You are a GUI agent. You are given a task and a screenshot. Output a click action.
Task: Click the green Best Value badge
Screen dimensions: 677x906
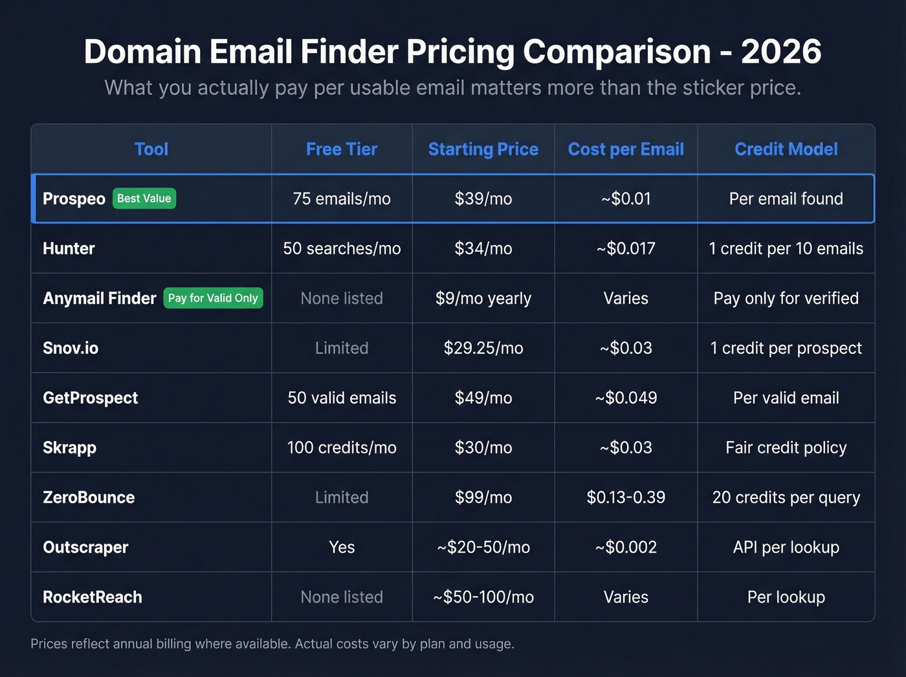click(x=144, y=198)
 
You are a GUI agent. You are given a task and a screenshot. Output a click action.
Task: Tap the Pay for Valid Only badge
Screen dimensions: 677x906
click(x=213, y=298)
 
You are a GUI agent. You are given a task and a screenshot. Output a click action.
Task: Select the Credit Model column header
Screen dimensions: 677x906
click(x=786, y=149)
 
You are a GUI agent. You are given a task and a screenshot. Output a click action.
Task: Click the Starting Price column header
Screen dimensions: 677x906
click(x=483, y=149)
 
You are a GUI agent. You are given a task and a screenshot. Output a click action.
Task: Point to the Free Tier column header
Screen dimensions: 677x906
click(x=342, y=149)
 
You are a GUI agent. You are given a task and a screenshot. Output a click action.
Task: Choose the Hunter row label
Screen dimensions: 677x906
click(x=69, y=248)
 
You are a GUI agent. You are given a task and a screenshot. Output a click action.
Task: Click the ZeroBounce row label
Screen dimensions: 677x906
click(x=89, y=497)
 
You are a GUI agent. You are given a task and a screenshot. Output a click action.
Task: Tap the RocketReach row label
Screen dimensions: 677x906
click(x=93, y=597)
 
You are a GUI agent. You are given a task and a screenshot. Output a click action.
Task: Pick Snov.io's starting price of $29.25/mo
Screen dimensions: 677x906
click(x=483, y=348)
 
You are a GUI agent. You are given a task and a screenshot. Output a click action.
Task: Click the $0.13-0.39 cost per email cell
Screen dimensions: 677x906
click(x=626, y=497)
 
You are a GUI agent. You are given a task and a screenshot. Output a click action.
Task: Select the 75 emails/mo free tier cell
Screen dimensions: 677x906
click(x=342, y=198)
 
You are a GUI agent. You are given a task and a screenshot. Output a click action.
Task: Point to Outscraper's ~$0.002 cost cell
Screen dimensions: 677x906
click(x=626, y=547)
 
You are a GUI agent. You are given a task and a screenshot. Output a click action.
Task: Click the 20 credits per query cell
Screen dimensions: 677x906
click(x=786, y=497)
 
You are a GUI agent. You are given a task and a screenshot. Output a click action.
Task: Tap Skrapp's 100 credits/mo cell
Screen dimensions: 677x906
click(x=342, y=447)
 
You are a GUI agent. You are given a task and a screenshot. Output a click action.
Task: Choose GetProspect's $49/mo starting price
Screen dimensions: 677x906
click(x=483, y=398)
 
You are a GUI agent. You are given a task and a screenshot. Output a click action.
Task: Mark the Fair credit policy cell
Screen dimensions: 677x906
click(x=786, y=447)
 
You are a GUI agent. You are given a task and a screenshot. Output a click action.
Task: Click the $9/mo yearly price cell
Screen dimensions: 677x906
click(x=483, y=298)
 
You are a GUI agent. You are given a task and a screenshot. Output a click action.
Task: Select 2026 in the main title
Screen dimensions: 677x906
click(x=781, y=52)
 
